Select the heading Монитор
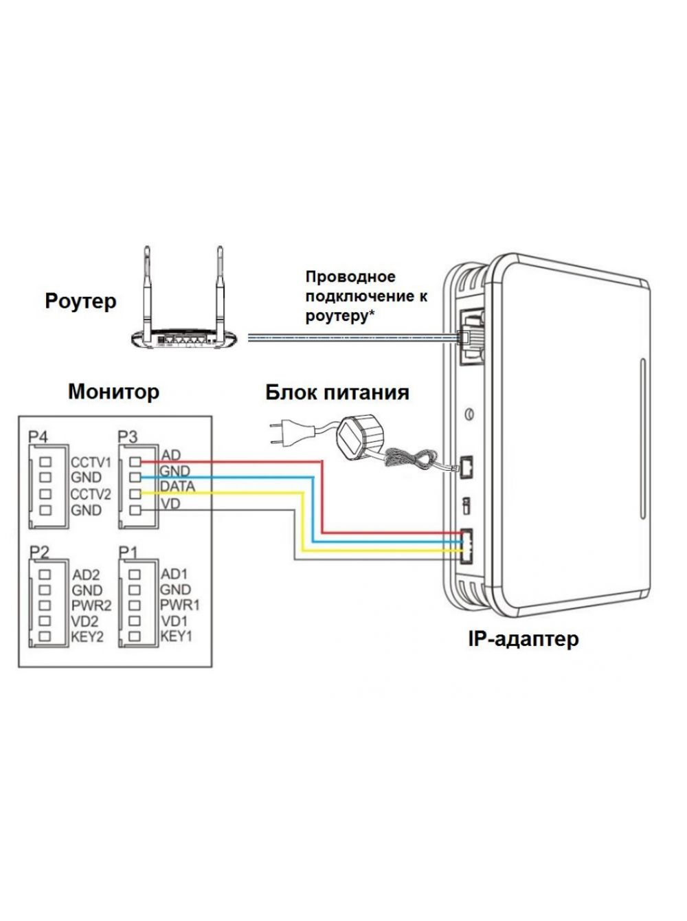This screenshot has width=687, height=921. point(113,392)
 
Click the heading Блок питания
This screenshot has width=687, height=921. point(337,392)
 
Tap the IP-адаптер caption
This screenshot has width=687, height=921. point(523,650)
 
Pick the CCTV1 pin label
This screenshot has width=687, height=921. point(91,463)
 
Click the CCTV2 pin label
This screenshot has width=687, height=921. point(91,495)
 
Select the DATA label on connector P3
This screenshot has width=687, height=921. point(178,487)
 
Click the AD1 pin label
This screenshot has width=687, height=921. point(174,574)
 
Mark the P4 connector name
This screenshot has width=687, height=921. point(38,438)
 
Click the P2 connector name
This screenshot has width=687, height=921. point(40,553)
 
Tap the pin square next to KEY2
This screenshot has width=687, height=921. point(45,636)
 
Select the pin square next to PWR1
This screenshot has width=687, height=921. point(134,605)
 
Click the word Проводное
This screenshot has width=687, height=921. point(350,277)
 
